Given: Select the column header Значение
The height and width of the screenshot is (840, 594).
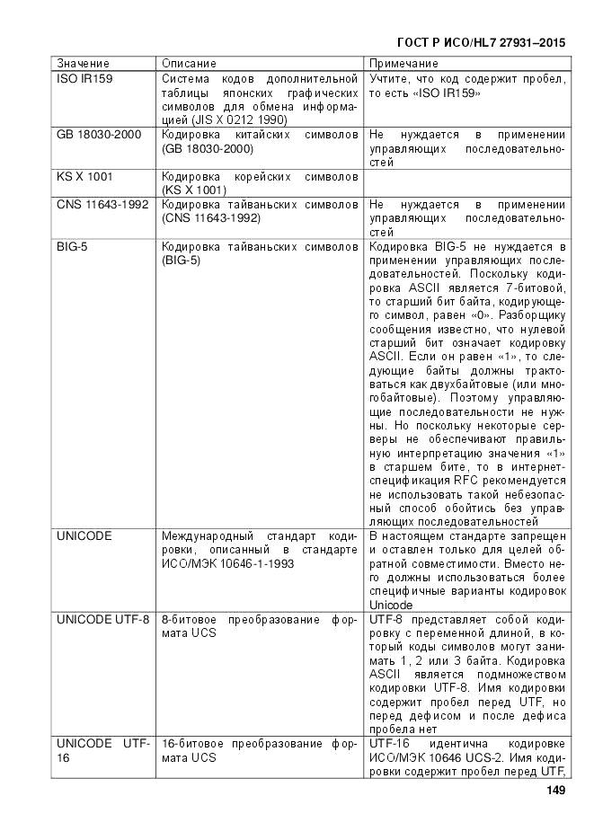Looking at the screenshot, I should click(x=84, y=64).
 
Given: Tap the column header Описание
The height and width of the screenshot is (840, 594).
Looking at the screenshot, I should click(x=189, y=64).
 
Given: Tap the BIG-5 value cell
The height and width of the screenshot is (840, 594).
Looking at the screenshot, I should click(x=73, y=246).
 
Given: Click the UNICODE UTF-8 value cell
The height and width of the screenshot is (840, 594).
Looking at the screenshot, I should click(x=102, y=620).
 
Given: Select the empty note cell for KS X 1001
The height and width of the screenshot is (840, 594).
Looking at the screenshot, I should click(x=467, y=182).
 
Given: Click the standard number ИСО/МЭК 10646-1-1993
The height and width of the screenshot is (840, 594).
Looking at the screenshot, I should click(x=223, y=563).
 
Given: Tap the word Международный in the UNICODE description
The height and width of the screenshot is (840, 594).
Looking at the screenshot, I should click(x=208, y=536).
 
